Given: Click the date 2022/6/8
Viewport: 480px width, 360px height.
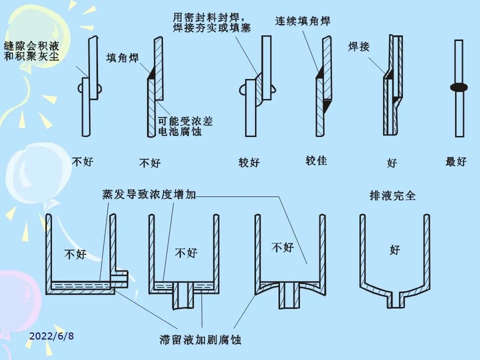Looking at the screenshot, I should (51, 335).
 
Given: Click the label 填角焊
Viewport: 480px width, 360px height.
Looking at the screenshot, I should (122, 58).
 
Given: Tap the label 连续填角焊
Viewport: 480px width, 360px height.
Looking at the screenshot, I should (303, 21).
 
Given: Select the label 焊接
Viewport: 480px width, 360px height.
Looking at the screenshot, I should (359, 47).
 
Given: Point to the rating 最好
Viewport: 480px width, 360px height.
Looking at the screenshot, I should (455, 161).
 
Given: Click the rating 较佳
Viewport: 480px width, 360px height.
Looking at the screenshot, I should (316, 160).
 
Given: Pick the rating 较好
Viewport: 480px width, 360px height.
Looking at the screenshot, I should (249, 162).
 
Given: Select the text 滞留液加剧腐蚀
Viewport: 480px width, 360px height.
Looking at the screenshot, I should (200, 340).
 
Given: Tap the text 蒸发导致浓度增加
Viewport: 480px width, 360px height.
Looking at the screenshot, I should (149, 194).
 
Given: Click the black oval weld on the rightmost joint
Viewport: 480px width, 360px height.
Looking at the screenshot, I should (458, 87).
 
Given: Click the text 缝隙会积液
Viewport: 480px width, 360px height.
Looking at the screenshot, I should (31, 46).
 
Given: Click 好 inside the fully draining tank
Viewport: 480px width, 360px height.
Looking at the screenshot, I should (395, 250).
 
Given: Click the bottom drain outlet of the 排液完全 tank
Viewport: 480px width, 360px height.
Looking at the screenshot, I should (395, 300).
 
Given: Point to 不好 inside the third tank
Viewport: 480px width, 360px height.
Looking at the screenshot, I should (282, 247).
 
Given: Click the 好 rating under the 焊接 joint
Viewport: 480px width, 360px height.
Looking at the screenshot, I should (392, 163).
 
